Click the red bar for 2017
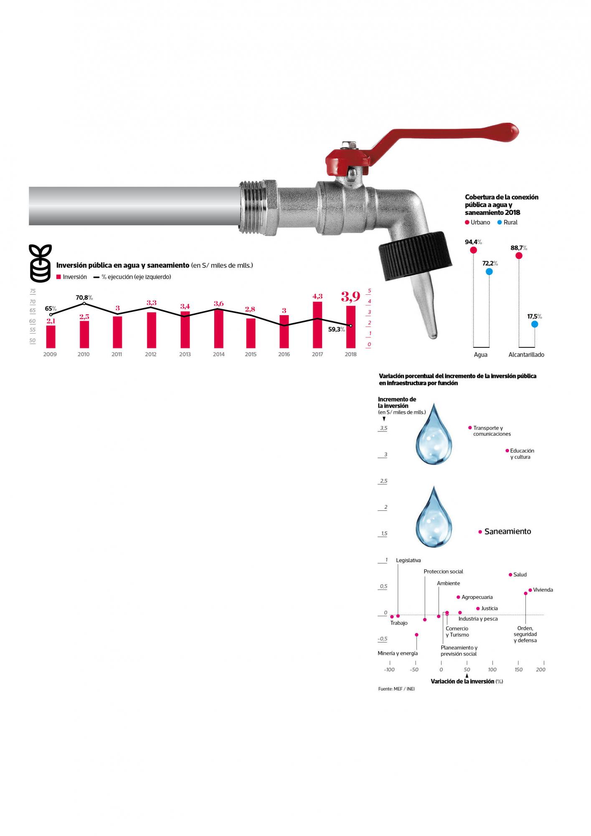click(x=317, y=325)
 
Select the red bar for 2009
click(x=51, y=336)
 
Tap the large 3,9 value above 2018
click(x=350, y=297)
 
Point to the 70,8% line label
click(x=84, y=298)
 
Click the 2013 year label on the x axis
click(x=185, y=354)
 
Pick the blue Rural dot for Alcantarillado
click(x=535, y=324)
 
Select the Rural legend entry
click(x=507, y=222)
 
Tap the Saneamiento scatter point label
click(x=507, y=531)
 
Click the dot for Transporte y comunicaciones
click(x=470, y=428)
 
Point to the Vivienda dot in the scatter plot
click(x=530, y=590)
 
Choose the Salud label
click(x=520, y=575)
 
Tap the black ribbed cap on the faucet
click(x=416, y=255)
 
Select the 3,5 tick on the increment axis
click(x=383, y=428)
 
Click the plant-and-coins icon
click(x=41, y=263)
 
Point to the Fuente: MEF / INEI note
click(x=396, y=688)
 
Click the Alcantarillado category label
click(x=526, y=354)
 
